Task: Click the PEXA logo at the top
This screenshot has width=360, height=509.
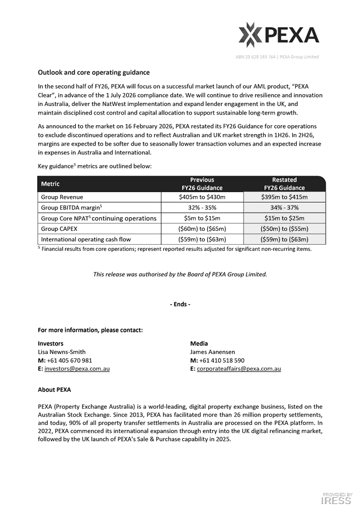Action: pyautogui.click(x=279, y=35)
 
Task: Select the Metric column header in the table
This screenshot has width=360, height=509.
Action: pyautogui.click(x=50, y=184)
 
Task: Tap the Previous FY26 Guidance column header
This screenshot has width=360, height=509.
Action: pyautogui.click(x=202, y=184)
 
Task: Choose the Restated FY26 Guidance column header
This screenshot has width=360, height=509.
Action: pyautogui.click(x=284, y=184)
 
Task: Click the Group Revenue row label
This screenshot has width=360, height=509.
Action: pyautogui.click(x=62, y=197)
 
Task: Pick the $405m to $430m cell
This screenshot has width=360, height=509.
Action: pyautogui.click(x=202, y=197)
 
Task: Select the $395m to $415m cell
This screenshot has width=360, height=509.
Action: pyautogui.click(x=284, y=197)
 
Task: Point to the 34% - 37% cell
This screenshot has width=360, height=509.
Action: pyautogui.click(x=284, y=208)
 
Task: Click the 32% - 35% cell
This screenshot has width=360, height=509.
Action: pyautogui.click(x=202, y=208)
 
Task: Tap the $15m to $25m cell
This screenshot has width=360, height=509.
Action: pyautogui.click(x=284, y=218)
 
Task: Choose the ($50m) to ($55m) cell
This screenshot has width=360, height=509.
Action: pyautogui.click(x=284, y=229)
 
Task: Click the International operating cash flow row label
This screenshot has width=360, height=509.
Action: pyautogui.click(x=86, y=239)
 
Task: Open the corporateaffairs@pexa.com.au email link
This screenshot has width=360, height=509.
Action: pyautogui.click(x=239, y=369)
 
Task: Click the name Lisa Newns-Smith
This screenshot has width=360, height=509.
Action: pyautogui.click(x=61, y=352)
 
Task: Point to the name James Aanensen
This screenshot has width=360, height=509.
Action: pyautogui.click(x=213, y=352)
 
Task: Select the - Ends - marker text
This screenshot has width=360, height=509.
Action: pyautogui.click(x=180, y=305)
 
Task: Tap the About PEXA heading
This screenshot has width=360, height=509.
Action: pyautogui.click(x=54, y=390)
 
